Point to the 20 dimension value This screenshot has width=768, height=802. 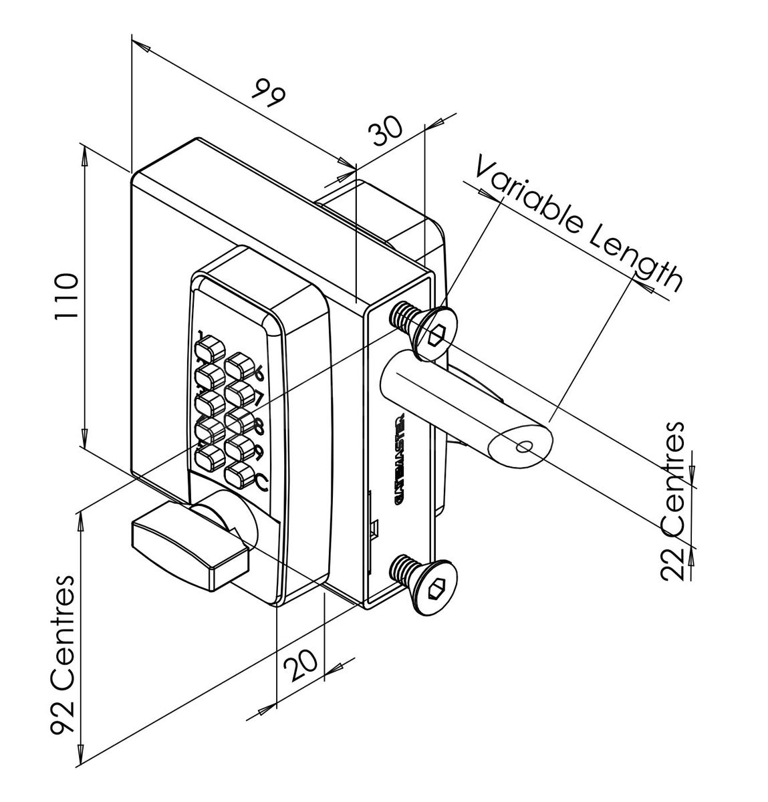click(297, 667)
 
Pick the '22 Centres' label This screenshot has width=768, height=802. click(672, 501)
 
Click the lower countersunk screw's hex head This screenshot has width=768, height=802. click(435, 586)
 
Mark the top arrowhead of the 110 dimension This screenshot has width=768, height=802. click(84, 150)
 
